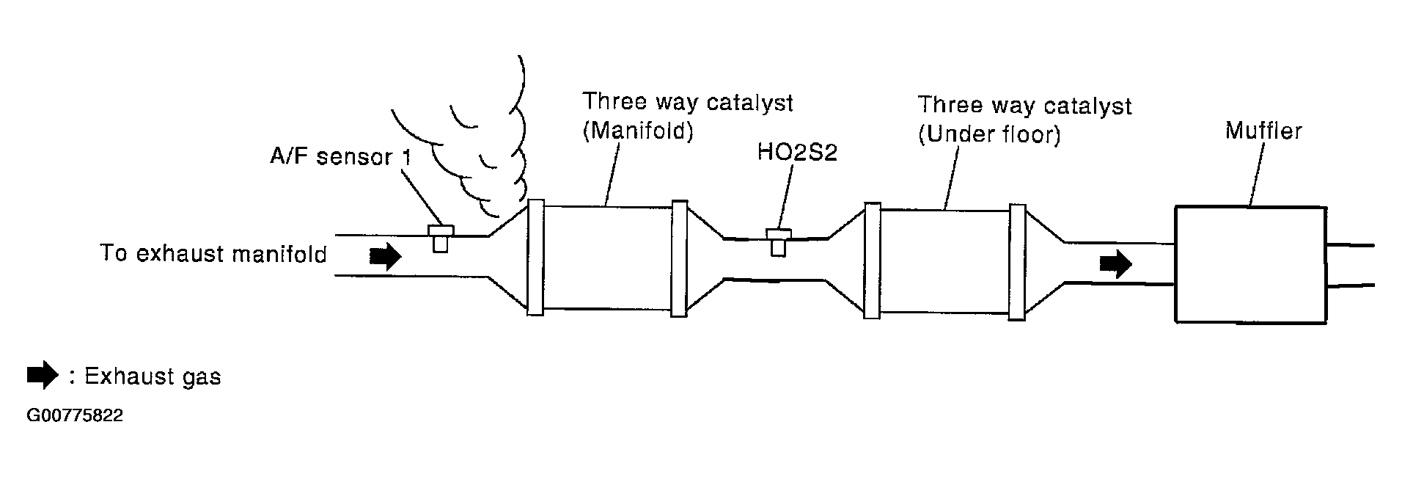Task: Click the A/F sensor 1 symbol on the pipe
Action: [x=440, y=238]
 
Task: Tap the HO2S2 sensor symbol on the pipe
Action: [x=778, y=241]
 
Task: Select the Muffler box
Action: [x=1249, y=264]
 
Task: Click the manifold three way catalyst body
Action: [x=607, y=257]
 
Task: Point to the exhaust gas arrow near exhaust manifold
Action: [x=385, y=256]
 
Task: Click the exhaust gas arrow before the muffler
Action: [x=1115, y=264]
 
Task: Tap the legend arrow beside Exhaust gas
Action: [x=43, y=375]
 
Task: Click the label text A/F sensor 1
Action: [x=341, y=157]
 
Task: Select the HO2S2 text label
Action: [x=796, y=153]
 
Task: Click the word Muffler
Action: [x=1263, y=132]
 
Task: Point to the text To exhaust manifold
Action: [x=213, y=254]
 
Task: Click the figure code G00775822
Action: [x=75, y=416]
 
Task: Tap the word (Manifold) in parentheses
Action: [x=637, y=132]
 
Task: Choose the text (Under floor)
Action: [x=989, y=136]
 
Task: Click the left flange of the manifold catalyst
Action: [x=535, y=257]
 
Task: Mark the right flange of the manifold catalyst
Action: [x=679, y=258]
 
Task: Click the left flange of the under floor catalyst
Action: [x=872, y=261]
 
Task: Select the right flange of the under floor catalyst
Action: [x=1016, y=262]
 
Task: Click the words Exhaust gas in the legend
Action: [x=153, y=376]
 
